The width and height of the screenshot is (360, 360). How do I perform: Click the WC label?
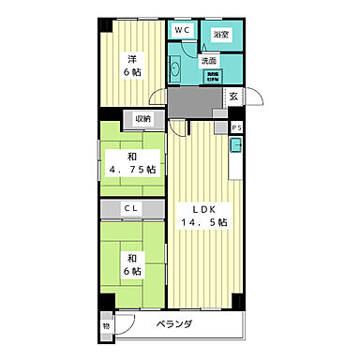pos(183,30)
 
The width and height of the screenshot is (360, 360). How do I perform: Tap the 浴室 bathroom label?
pos(221,35)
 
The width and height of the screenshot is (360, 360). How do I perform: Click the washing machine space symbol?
pos(214,77)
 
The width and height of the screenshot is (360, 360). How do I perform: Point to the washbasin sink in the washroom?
pos(177,67)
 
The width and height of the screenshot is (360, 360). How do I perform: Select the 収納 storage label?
pos(142,119)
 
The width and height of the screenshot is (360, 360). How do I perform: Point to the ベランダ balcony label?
pos(174,324)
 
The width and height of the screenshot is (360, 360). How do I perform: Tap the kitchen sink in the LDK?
pos(236,146)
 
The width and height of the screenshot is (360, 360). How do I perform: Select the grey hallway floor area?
pos(192,100)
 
